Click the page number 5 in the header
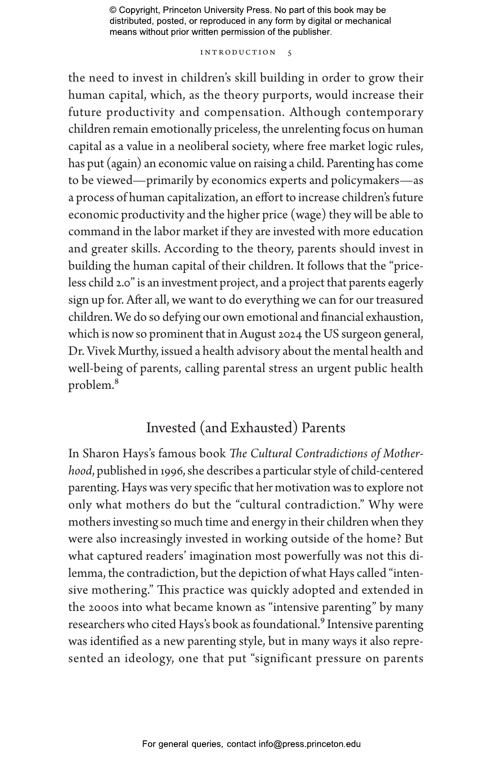290,53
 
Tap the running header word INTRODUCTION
238,52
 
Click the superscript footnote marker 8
116,382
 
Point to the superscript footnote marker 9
323,621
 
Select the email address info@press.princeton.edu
309,744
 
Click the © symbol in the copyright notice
113,10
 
